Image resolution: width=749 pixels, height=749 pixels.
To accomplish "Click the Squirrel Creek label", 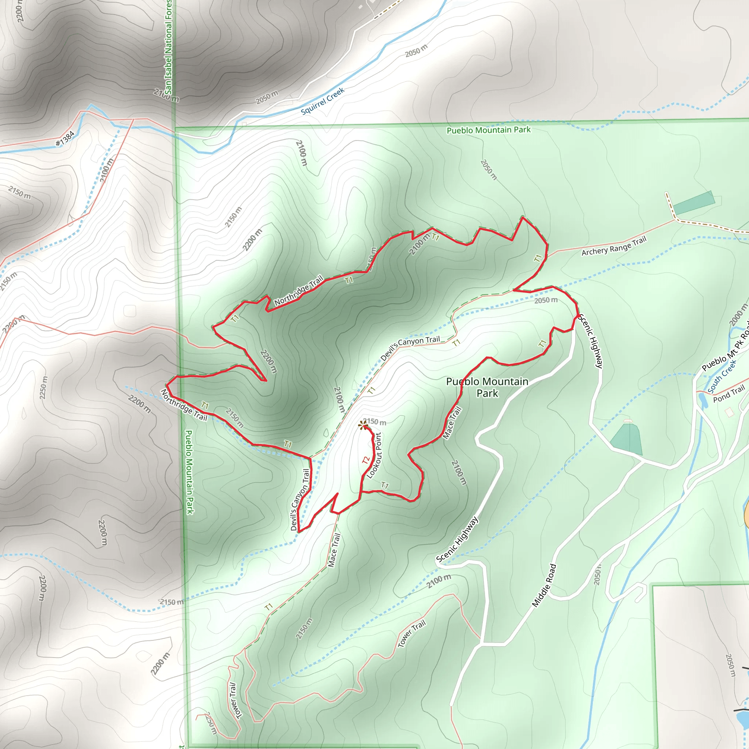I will [x=323, y=101].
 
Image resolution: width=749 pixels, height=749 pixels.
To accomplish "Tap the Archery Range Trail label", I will [x=614, y=246].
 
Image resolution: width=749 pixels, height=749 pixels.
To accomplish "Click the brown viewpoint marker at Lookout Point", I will [x=363, y=426].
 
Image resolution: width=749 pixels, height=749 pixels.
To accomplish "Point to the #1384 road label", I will [x=65, y=139].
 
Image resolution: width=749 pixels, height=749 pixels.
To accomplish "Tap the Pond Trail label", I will [x=729, y=394].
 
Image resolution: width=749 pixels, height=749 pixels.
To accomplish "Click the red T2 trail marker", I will [x=366, y=460].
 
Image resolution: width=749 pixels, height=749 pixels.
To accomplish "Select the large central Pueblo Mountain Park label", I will [x=487, y=387].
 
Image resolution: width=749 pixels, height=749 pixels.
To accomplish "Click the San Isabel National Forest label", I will [x=168, y=46].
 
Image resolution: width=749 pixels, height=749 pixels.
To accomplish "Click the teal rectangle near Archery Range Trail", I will [x=693, y=203].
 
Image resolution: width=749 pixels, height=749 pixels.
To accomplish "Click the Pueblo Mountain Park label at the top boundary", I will [x=489, y=130].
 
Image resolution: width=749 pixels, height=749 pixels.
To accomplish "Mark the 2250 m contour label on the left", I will [x=44, y=387].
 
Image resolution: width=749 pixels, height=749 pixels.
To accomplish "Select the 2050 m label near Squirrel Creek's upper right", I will [x=416, y=50].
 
